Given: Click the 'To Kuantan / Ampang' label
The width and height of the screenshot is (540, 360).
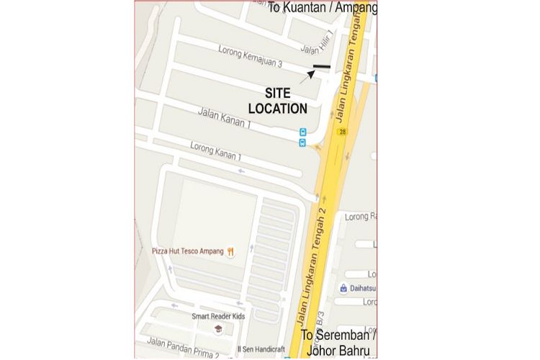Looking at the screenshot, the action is point(323,8).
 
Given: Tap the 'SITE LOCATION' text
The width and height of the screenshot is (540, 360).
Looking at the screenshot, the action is point(278,102).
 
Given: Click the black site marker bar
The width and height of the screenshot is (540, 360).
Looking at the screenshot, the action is point(321,68).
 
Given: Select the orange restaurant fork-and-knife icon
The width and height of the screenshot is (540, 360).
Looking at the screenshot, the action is point(230,251).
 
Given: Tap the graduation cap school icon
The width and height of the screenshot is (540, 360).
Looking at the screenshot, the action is point(217,329).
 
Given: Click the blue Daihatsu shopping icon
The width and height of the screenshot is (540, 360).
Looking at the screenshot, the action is point(344,288).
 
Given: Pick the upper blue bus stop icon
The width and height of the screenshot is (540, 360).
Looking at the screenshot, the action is point(302,132).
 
